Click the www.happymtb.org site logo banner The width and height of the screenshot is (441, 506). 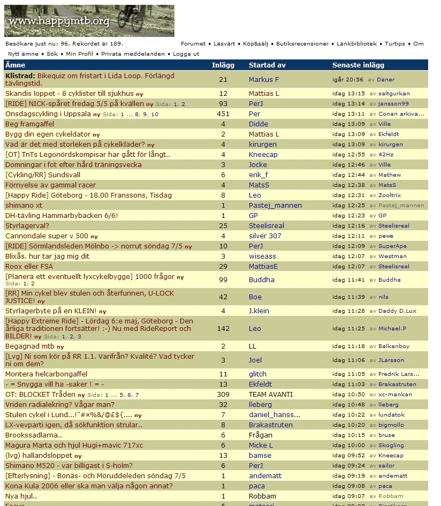[x=89, y=21]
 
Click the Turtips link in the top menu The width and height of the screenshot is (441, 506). [x=394, y=44]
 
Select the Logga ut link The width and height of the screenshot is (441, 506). [x=186, y=54]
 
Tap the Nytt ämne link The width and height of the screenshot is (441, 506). [x=23, y=54]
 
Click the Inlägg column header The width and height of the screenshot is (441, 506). [x=223, y=65]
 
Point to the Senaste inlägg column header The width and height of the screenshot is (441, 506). [x=358, y=65]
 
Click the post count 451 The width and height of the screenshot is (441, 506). [x=223, y=114]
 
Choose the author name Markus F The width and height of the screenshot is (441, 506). [x=264, y=80]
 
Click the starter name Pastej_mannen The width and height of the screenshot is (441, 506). [x=275, y=206]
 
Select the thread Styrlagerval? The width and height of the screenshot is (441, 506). [x=27, y=226]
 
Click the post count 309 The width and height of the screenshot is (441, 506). [x=223, y=395]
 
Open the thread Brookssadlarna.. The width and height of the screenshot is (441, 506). [x=34, y=435]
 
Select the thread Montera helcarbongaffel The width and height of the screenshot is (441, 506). [x=46, y=374]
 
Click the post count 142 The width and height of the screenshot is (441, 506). [x=223, y=328]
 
